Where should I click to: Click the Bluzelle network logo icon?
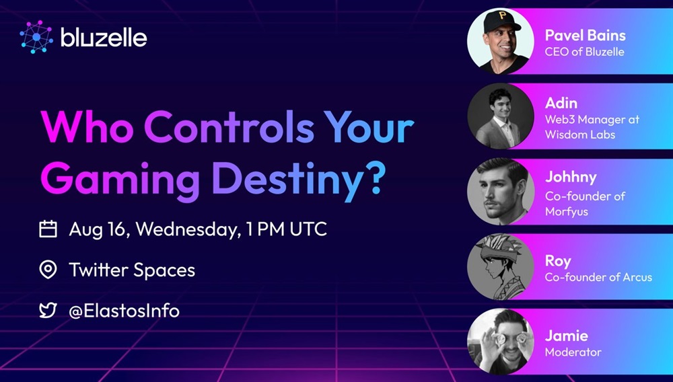coord(36,37)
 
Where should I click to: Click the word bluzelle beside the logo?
coord(104,38)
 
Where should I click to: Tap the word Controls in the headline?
coord(229,127)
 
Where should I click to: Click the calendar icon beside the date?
coord(48,229)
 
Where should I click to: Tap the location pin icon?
coord(48,270)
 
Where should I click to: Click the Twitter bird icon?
coord(48,311)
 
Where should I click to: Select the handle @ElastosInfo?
coord(124,311)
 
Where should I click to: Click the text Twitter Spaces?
coord(132,270)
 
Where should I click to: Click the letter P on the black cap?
coord(502,16)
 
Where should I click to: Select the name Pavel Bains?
coord(585,35)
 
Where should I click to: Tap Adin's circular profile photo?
coord(501,116)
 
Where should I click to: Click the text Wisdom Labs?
coord(580,135)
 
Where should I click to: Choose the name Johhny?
coord(571,178)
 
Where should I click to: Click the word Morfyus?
coord(567,211)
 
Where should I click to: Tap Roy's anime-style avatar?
coord(501,267)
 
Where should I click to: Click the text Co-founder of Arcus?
coord(598,277)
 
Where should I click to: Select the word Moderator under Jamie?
coord(573,352)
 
